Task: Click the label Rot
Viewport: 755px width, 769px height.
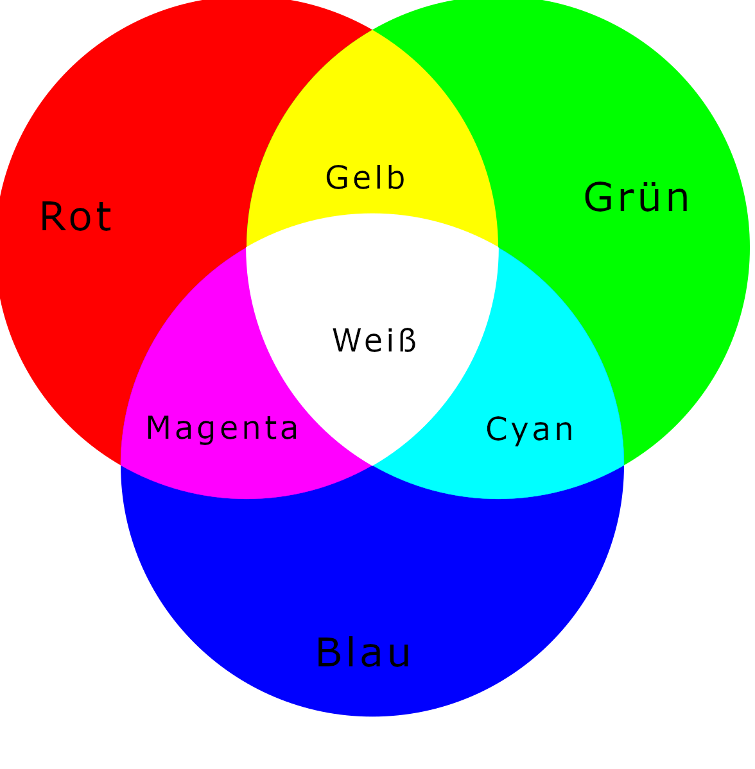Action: coord(76,216)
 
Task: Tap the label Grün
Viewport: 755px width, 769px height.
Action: coord(637,197)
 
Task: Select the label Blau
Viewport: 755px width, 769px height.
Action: coord(363,652)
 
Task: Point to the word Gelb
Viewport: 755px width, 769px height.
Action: coord(365,177)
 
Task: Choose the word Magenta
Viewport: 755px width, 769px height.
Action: coord(222,428)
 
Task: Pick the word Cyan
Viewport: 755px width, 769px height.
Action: coord(529,430)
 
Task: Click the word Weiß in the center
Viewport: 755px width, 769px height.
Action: coord(374,340)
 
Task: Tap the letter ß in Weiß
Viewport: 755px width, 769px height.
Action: coord(408,339)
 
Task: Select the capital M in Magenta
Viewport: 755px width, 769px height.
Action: coord(157,427)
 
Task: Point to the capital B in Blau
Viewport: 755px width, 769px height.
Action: coord(329,652)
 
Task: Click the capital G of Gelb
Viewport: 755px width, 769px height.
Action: coord(337,177)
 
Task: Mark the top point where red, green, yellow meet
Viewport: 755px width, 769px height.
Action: coord(372,30)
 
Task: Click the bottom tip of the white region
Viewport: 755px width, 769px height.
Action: coord(372,465)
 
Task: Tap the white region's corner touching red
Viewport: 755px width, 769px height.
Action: coord(246,247)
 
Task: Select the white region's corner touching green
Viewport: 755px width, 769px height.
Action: coord(498,247)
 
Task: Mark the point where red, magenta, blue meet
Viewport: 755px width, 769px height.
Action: coord(121,464)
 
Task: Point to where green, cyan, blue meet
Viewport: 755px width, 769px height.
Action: coord(624,464)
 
